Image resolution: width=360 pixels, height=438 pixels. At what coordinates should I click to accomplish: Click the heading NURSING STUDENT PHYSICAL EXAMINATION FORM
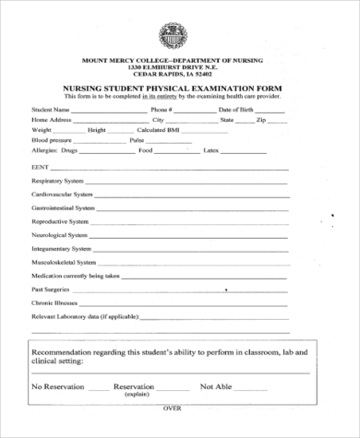tap(171, 88)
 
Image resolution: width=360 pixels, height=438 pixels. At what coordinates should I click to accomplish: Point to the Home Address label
tap(52, 120)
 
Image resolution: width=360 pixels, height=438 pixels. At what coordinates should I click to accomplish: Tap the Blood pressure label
tap(52, 139)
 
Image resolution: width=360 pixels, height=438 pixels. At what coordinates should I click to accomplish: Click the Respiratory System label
tap(58, 182)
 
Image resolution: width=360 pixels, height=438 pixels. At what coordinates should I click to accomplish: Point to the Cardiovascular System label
tap(62, 195)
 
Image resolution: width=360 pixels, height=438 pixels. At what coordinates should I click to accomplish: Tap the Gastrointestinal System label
tap(63, 208)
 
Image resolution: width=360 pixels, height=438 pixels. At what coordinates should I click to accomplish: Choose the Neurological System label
tap(60, 235)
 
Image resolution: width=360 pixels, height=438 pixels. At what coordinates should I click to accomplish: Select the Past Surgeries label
tap(52, 289)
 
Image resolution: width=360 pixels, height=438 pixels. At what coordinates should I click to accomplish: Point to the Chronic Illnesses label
tap(54, 302)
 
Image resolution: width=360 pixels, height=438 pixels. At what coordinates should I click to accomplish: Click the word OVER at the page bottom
tap(173, 432)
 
